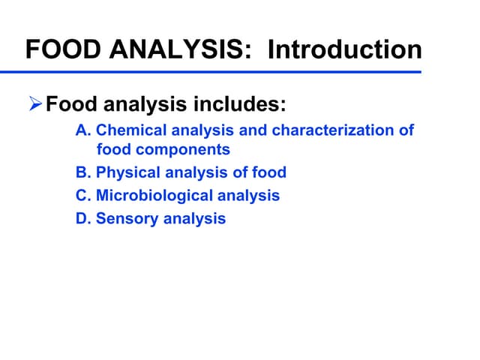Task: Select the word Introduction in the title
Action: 344,50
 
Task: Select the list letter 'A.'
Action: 83,130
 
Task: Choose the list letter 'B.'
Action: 83,172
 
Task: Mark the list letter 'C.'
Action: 83,196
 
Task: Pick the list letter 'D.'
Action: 83,219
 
